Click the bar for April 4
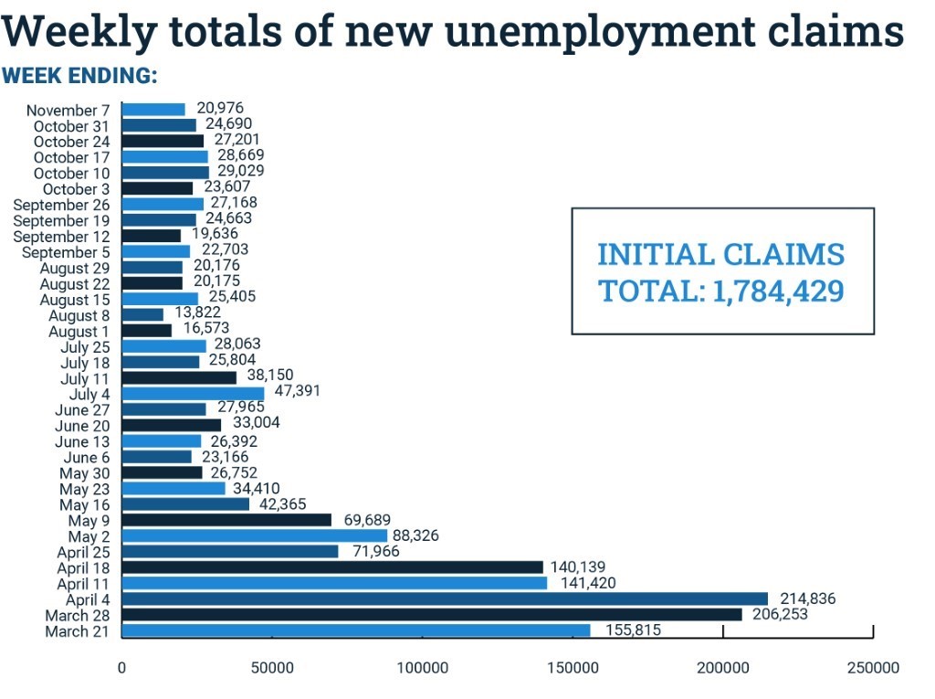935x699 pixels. (445, 598)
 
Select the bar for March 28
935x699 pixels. (432, 615)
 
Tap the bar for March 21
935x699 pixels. (356, 630)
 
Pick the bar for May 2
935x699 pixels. (255, 535)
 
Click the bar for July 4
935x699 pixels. (193, 394)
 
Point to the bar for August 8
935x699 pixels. (142, 315)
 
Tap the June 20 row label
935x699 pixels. (84, 426)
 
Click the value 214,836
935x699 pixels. (804, 598)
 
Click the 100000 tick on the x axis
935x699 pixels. (423, 668)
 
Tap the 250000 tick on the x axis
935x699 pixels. (874, 668)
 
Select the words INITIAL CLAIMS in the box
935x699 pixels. (721, 254)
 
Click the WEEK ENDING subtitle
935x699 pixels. (79, 75)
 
